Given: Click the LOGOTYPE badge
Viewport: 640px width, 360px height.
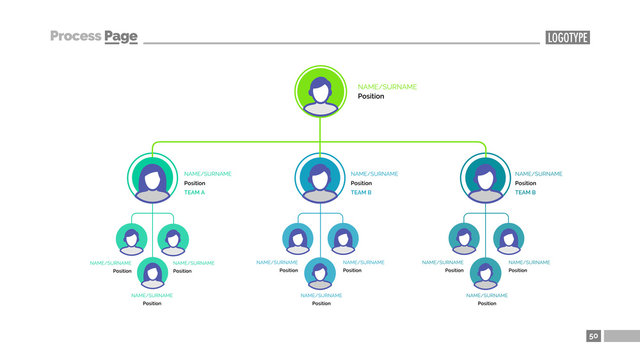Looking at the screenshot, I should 568,37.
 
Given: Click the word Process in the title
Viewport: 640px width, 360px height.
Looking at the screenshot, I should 75,36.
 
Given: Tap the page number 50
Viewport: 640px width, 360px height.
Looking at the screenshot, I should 593,337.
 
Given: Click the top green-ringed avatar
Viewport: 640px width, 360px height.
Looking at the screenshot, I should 320,91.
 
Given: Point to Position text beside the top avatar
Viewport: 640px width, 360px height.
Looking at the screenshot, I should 370,97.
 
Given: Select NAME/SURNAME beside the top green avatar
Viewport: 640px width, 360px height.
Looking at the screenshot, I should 387,87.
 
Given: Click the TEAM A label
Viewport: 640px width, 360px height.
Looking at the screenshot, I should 194,192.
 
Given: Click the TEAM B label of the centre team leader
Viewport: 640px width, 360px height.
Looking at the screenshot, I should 361,192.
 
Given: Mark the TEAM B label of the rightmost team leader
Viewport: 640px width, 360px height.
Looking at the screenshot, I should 525,192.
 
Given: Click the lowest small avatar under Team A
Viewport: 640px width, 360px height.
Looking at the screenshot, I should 152,272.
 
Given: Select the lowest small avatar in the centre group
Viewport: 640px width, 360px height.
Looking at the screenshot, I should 320,272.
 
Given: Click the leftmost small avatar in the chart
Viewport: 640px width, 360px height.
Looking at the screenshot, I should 131,239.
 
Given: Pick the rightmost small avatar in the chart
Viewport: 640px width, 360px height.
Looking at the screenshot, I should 508,239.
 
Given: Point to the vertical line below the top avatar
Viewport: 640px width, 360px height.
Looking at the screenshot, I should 320,129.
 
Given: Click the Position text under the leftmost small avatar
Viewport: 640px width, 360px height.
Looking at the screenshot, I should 122,271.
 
